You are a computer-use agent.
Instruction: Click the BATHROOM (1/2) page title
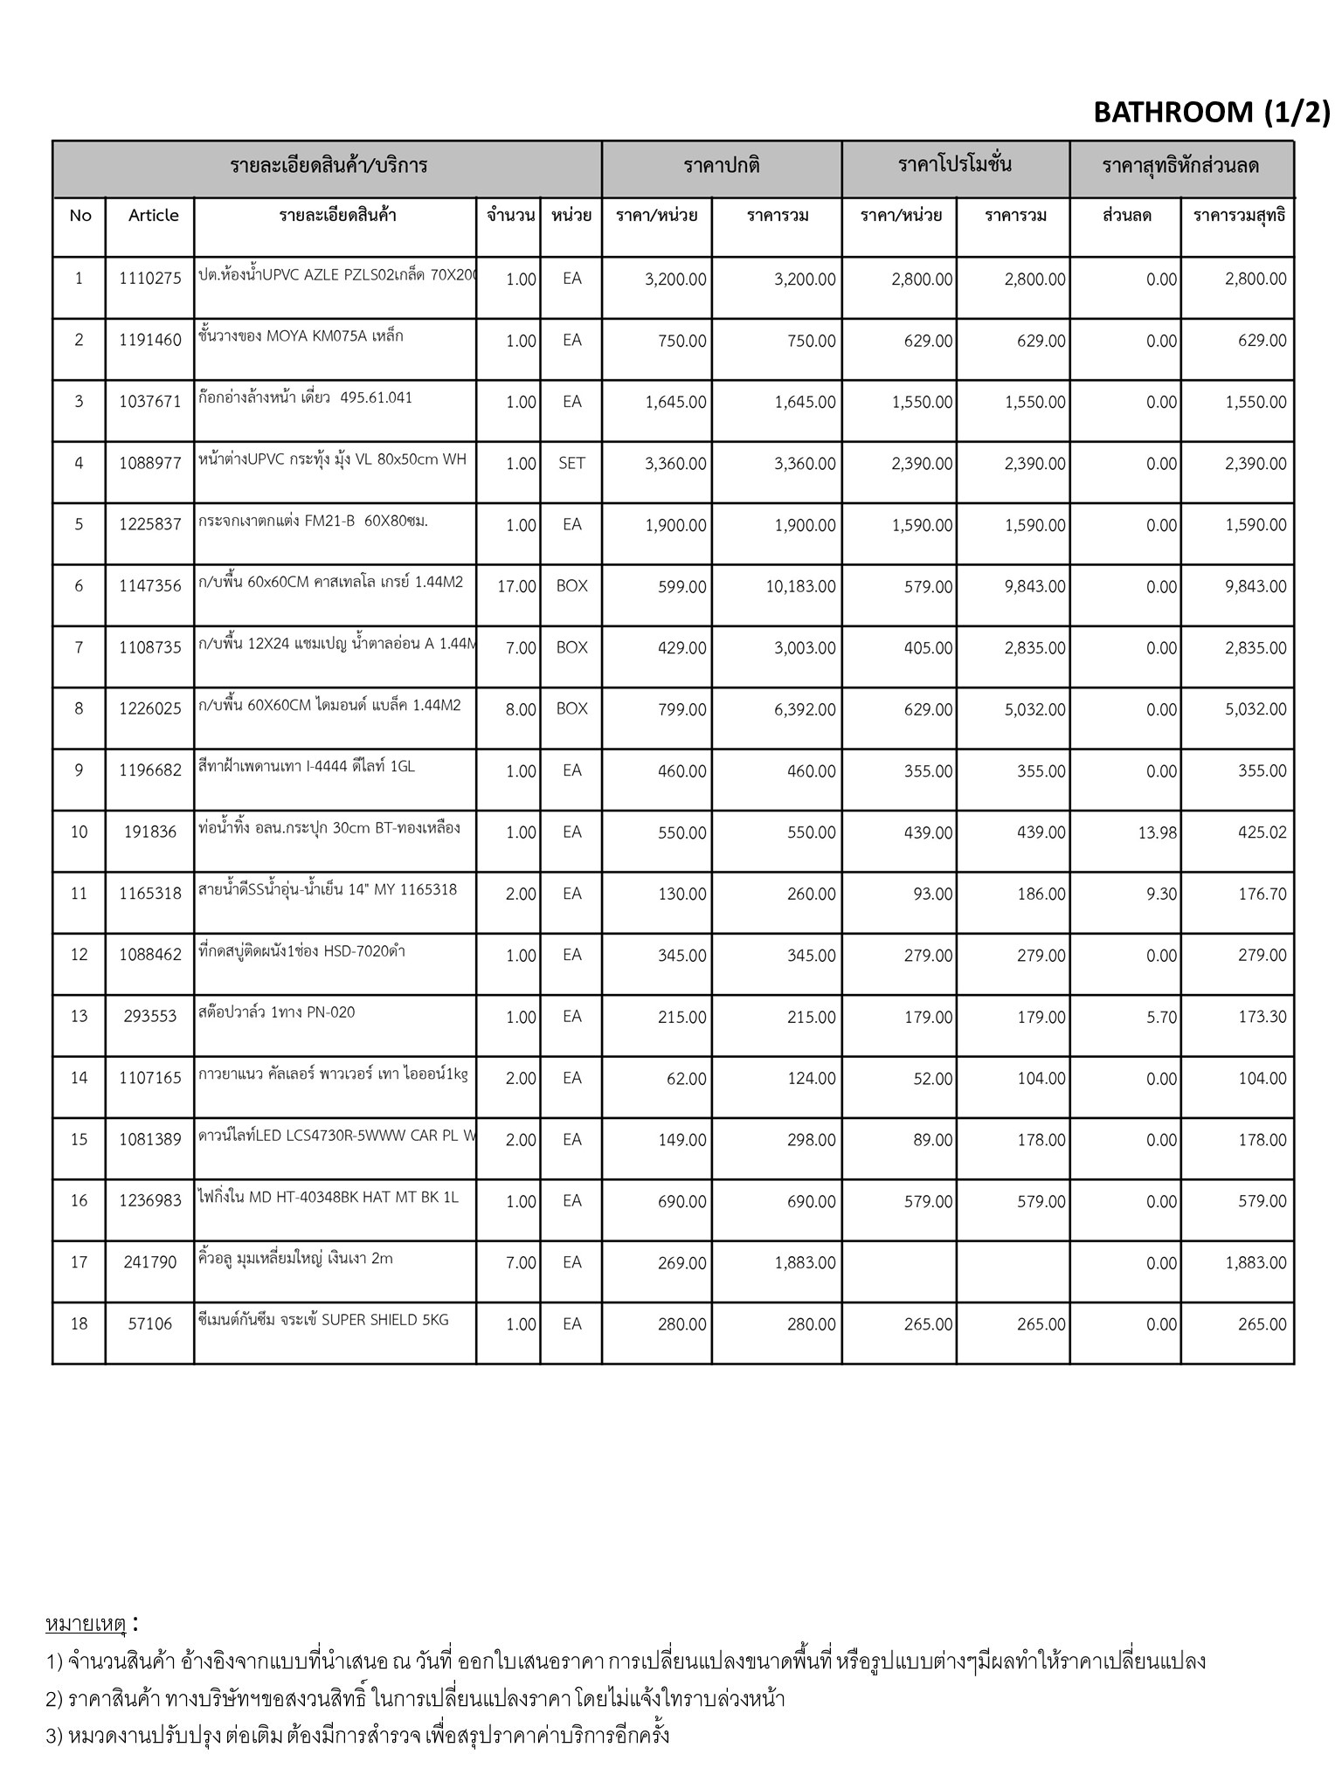coord(1211,112)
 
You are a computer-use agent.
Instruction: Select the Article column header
coord(153,216)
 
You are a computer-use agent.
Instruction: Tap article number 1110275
coord(150,279)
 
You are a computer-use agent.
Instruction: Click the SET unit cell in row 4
coord(571,464)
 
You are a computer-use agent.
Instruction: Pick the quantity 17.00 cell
coord(516,587)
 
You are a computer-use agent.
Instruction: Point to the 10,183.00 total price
coord(800,587)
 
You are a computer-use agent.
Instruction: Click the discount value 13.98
coord(1157,833)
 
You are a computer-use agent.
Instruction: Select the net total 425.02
coord(1262,833)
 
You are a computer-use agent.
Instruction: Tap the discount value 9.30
coord(1161,894)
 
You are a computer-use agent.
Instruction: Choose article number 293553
coord(150,1016)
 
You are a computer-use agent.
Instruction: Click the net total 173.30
coord(1262,1018)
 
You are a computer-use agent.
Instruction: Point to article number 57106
coord(150,1324)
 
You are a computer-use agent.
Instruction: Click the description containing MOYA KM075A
coord(301,336)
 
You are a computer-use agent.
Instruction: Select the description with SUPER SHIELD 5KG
coord(323,1320)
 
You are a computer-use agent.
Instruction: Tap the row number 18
coord(79,1324)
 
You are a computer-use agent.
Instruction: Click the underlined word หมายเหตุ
coord(86,1624)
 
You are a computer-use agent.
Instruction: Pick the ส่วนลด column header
coord(1127,216)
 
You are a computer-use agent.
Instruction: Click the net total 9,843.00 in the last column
coord(1256,587)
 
